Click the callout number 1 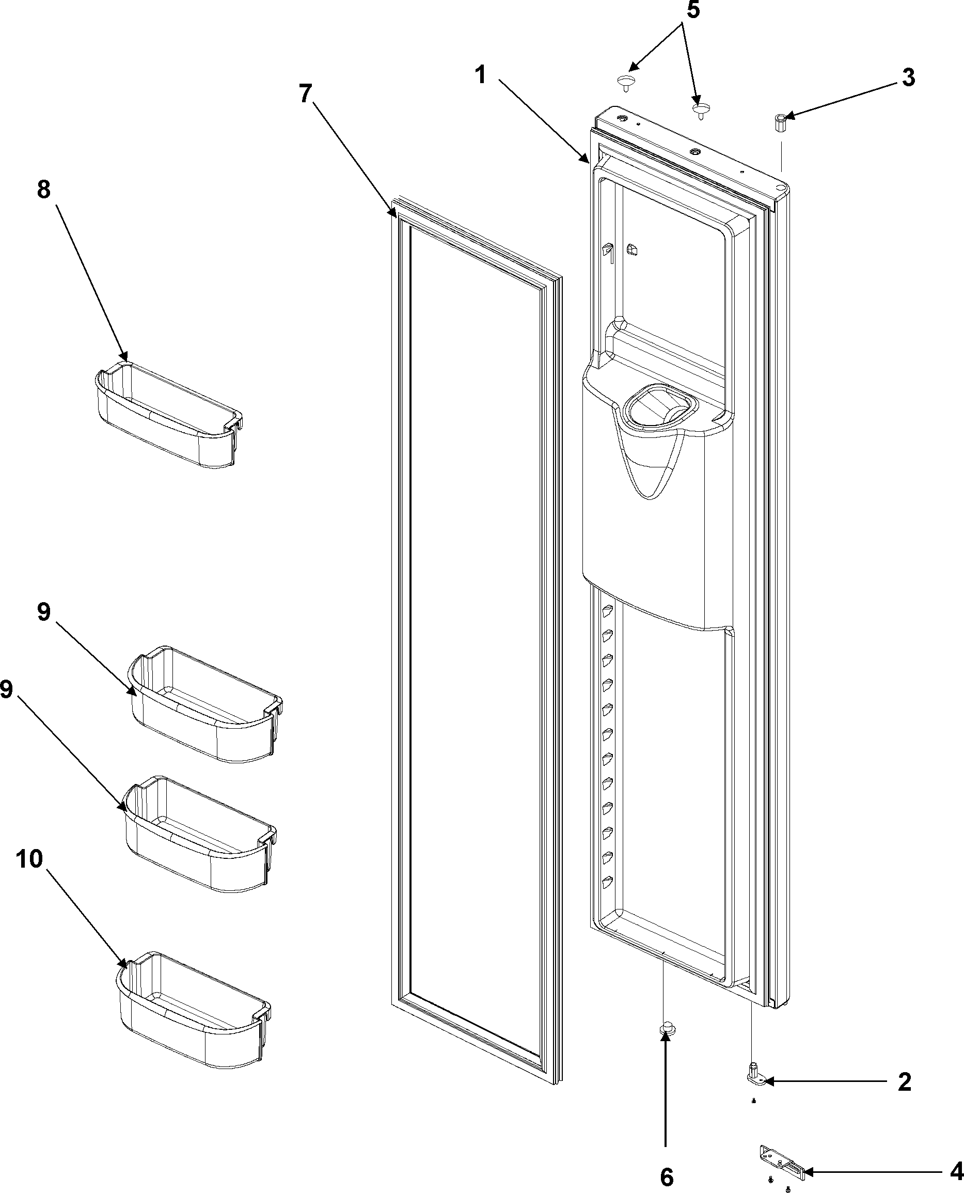point(481,74)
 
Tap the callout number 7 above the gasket point(306,93)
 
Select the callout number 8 point(44,190)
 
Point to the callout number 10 point(29,859)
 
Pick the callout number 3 point(908,79)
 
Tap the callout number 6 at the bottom point(667,1176)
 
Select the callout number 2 point(905,1082)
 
